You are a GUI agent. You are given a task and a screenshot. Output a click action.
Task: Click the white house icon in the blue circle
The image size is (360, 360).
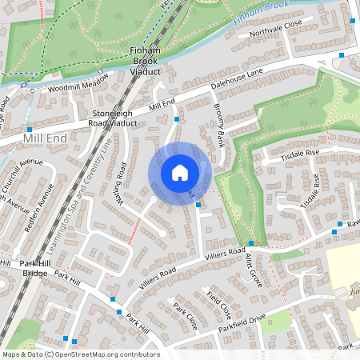coord(179,173)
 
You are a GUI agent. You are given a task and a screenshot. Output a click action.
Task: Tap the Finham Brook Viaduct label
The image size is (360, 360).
coord(146,61)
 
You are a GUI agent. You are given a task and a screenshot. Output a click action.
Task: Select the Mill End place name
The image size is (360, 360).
coord(46,138)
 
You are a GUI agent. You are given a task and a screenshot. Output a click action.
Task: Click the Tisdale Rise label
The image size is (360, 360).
coord(300,154)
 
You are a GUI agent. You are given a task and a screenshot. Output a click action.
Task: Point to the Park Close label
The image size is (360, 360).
coord(185,318)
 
